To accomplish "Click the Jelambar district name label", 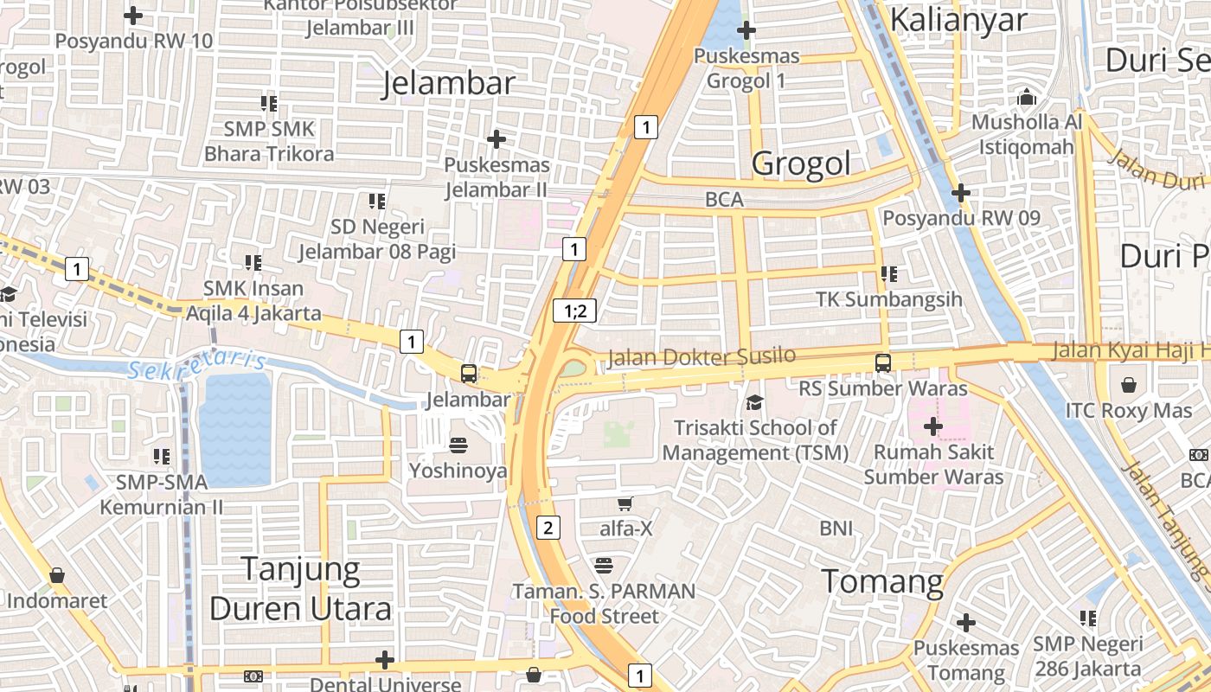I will tap(449, 83).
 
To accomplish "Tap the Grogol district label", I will tap(801, 163).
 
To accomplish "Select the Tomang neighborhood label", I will tap(881, 581).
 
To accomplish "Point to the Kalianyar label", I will tap(958, 19).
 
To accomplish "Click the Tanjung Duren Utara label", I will tap(300, 589).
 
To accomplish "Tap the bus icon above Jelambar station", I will tap(468, 374).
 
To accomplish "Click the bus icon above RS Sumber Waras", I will tap(882, 363).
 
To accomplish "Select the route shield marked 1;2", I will tap(575, 311).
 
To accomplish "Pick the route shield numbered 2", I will tap(548, 527).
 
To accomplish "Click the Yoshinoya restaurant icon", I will tap(458, 445).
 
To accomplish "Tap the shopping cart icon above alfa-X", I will tap(625, 503).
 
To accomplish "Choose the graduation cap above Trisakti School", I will tap(755, 402).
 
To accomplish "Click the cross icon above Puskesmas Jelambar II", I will tap(497, 138).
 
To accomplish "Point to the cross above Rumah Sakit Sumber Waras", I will tap(932, 426).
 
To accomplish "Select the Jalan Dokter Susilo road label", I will tap(701, 356).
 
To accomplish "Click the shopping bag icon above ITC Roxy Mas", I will tap(1129, 384).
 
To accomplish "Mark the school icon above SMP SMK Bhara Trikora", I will tap(269, 104).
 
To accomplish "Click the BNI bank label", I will tap(836, 528).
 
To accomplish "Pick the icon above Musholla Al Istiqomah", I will tap(1027, 97).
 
